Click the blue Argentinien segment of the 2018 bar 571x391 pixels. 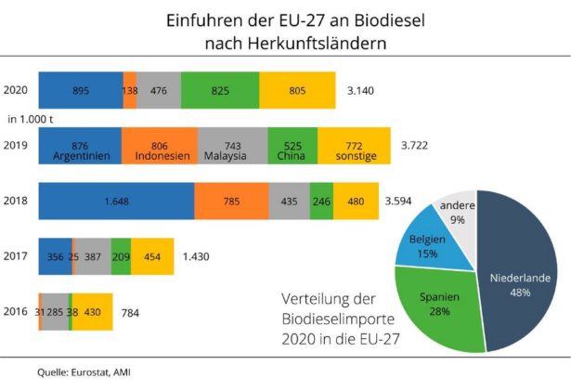[116, 200]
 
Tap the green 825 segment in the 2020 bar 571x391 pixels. [220, 90]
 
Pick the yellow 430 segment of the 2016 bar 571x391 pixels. [93, 312]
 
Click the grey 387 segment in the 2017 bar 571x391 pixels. [92, 255]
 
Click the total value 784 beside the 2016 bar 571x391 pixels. [130, 313]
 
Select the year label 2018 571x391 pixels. [16, 200]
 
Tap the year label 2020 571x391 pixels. [16, 90]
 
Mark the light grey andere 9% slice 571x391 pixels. [458, 213]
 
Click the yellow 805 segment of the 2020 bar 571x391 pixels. [297, 90]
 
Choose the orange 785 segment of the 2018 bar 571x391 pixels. [231, 200]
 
